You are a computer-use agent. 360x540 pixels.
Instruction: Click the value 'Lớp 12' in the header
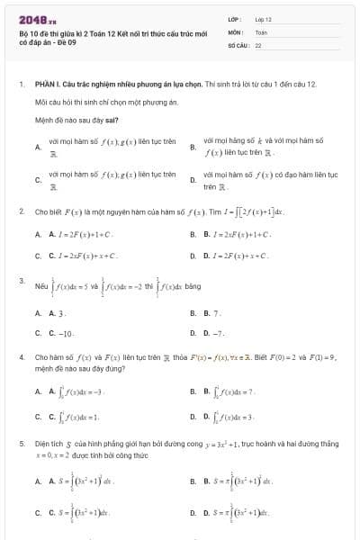pos(264,19)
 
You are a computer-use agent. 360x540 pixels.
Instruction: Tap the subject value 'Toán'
pos(261,31)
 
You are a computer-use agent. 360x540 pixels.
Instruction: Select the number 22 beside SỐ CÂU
pos(258,44)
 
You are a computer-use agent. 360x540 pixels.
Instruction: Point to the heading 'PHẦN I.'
pos(45,83)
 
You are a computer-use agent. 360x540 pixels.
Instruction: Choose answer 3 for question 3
pos(60,313)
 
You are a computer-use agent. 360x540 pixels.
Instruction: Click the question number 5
pos(21,444)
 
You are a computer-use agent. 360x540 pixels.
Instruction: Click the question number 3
pos(21,281)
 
